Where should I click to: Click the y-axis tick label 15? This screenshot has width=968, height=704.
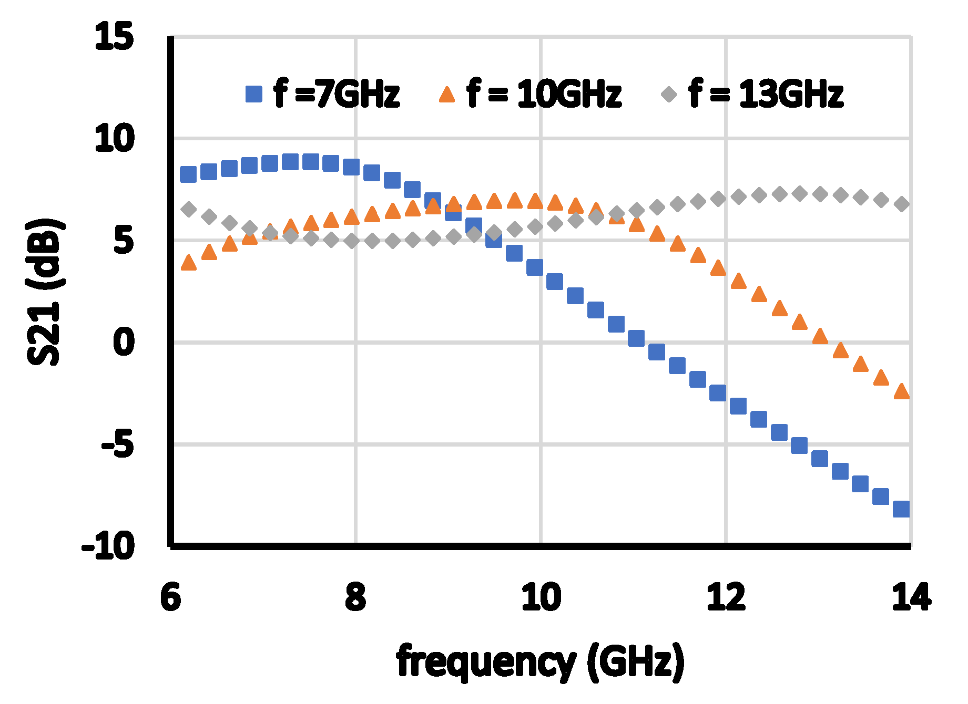pos(114,38)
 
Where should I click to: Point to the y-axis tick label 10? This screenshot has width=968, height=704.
pos(114,139)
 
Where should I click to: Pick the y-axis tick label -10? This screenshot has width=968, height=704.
pos(108,546)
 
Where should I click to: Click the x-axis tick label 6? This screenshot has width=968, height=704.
pos(170,597)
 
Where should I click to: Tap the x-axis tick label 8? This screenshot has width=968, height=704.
pos(356,597)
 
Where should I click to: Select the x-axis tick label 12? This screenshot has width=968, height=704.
pos(726,597)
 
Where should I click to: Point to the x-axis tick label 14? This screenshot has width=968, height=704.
pos(911,597)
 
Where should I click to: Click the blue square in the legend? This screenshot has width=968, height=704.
pos(254,95)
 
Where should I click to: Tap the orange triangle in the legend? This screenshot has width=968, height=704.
pos(447,95)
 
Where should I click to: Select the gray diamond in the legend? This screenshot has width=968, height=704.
pos(669,95)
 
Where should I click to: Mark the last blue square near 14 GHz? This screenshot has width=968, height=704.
pos(901,509)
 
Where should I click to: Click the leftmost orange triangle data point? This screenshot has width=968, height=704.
pos(188,263)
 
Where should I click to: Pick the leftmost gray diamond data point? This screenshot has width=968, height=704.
pos(188,210)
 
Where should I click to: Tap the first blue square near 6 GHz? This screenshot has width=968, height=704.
pos(188,174)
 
